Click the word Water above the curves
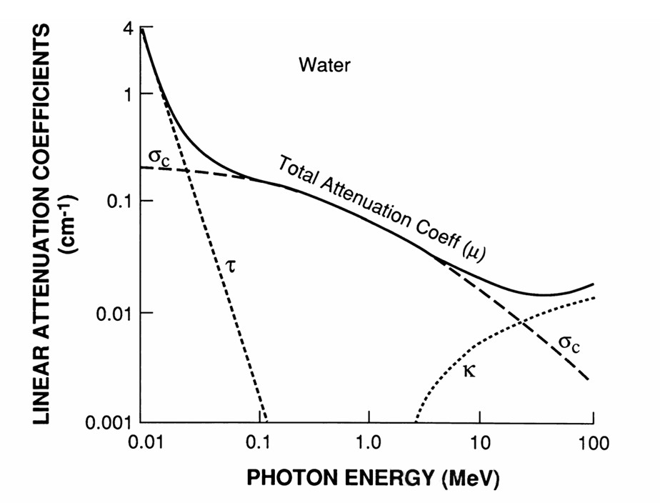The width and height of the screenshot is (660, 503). click(x=325, y=66)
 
